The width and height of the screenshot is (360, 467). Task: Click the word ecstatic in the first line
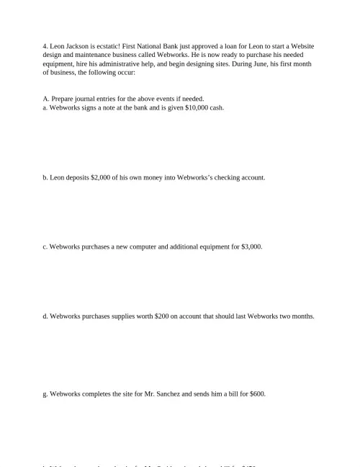[107, 45]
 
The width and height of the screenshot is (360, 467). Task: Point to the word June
[264, 63]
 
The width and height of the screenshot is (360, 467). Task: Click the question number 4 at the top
[45, 45]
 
